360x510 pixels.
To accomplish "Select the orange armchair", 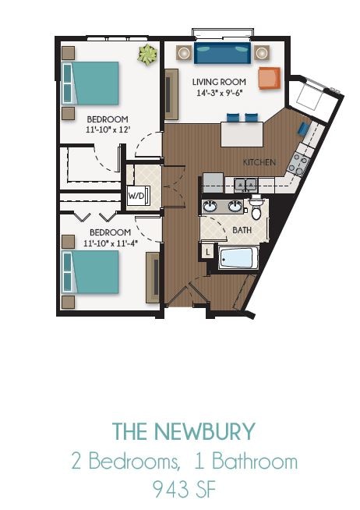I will [269, 77].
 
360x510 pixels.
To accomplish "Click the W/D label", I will [136, 195].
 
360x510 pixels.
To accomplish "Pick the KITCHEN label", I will [259, 162].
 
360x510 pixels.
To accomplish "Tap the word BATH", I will [242, 230].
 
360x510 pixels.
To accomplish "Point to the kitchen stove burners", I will [298, 163].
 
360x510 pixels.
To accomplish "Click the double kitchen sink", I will [247, 184].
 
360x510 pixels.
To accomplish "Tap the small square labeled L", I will [208, 252].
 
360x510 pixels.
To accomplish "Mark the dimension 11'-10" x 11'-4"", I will [110, 243].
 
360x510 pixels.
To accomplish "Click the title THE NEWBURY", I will [183, 430].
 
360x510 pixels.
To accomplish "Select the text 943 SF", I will [183, 489].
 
